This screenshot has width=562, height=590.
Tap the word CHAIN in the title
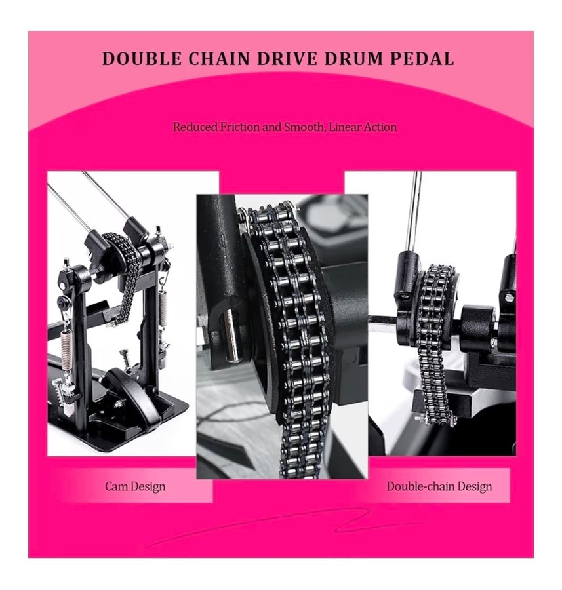pyautogui.click(x=220, y=59)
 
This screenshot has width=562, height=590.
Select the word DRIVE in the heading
pyautogui.click(x=288, y=59)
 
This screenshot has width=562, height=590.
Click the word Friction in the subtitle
pyautogui.click(x=240, y=127)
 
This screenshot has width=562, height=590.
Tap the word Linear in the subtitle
pyautogui.click(x=342, y=127)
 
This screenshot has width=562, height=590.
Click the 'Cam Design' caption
pyautogui.click(x=135, y=486)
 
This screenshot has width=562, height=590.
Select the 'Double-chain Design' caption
pyautogui.click(x=439, y=486)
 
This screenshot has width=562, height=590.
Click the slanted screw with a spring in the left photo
pyautogui.click(x=125, y=360)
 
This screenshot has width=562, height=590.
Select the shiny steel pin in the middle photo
pyautogui.click(x=230, y=336)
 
